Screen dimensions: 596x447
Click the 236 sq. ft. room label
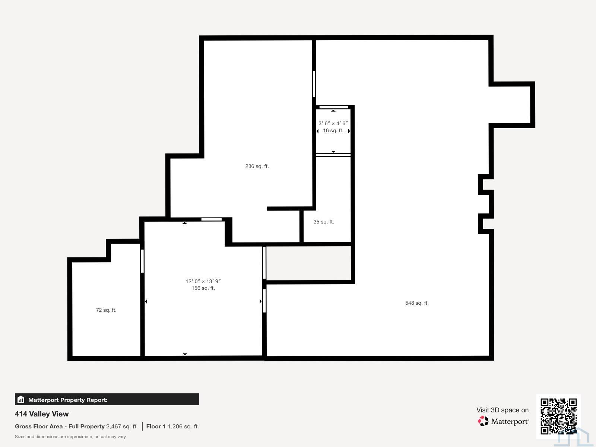pos(257,167)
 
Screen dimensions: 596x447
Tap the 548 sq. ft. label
pos(417,303)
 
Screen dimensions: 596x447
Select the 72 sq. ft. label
pos(106,310)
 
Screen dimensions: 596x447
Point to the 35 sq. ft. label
pos(324,222)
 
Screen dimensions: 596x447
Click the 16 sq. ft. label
pos(333,130)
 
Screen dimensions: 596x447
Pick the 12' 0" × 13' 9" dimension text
pos(203,282)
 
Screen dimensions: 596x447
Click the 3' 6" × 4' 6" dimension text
pos(333,124)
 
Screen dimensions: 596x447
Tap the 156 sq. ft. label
pos(203,288)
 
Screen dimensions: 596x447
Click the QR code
pos(558,416)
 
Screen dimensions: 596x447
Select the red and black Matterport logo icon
pos(483,421)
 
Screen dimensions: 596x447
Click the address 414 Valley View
pos(42,414)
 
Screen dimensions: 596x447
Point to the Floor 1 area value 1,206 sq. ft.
pos(183,427)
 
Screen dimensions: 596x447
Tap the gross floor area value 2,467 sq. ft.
pos(122,427)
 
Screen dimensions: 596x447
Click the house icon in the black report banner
pos(21,399)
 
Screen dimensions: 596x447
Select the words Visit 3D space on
pos(503,410)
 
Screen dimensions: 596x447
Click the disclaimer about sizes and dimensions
pos(70,437)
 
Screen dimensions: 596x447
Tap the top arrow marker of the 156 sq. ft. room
pos(185,223)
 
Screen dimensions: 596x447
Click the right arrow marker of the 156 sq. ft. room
pos(260,301)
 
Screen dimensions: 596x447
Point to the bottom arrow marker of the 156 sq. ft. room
pos(185,354)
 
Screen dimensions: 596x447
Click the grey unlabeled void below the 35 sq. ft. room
pos(308,263)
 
